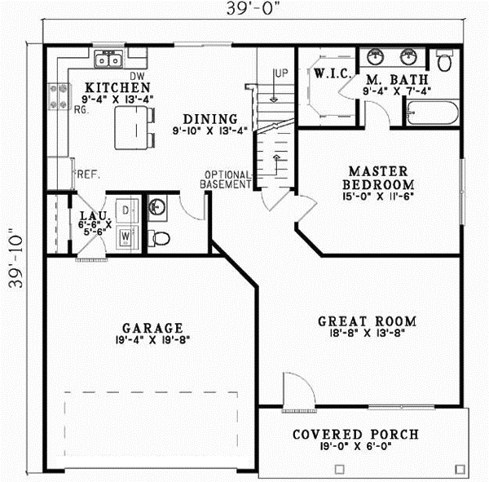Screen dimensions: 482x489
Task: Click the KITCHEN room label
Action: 117,87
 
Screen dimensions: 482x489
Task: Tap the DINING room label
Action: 209,118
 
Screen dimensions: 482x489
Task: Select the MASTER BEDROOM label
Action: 377,178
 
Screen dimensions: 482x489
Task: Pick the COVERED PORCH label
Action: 355,434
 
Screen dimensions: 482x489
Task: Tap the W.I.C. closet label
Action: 333,74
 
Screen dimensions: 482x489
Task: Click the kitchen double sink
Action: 108,59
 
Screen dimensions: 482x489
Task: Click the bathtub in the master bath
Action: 433,113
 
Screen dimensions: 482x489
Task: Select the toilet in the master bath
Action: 445,61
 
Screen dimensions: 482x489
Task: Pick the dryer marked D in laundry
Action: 126,210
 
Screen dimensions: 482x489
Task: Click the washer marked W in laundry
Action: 126,237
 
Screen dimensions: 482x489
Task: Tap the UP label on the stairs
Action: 282,73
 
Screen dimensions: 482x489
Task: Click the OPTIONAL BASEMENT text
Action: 227,179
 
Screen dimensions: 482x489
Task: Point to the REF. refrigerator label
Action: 86,174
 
